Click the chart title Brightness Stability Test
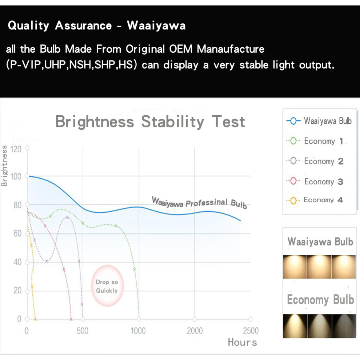150,122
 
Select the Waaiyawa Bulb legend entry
319,121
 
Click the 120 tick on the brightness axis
16,149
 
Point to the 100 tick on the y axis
16,177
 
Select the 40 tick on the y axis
17,262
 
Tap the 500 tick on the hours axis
83,331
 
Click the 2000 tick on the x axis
195,331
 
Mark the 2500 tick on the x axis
251,331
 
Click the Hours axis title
243,342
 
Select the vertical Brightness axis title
4,166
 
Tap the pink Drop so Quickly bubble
107,286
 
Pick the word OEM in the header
181,49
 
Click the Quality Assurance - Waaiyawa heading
97,25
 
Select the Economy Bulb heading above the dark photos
320,300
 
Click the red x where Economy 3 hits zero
71,319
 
